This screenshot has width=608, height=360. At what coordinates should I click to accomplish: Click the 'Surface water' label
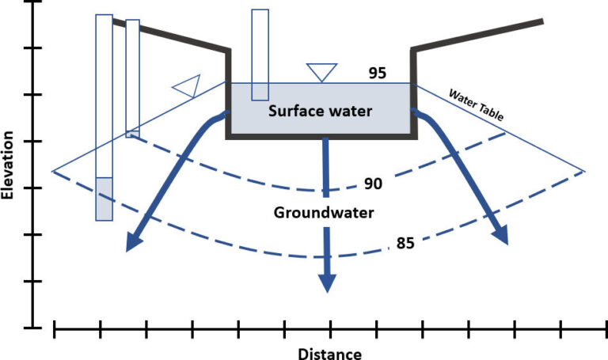point(319,111)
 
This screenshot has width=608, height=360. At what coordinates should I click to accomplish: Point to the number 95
point(378,73)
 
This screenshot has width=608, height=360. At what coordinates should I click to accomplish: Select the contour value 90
point(373,184)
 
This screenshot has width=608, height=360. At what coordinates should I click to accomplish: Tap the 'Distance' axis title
point(330,354)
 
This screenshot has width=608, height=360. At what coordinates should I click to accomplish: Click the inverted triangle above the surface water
point(322,72)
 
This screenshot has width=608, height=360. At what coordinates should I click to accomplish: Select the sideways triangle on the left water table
point(187,86)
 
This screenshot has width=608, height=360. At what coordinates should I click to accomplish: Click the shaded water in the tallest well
point(104,199)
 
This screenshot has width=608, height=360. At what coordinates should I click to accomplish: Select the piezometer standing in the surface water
point(260,55)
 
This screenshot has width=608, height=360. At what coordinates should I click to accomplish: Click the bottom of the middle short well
point(132,134)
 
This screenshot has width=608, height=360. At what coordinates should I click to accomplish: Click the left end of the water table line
point(52,171)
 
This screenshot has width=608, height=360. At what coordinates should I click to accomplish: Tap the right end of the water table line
point(584,171)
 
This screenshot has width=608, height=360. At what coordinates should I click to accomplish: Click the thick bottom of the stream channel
point(321,137)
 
